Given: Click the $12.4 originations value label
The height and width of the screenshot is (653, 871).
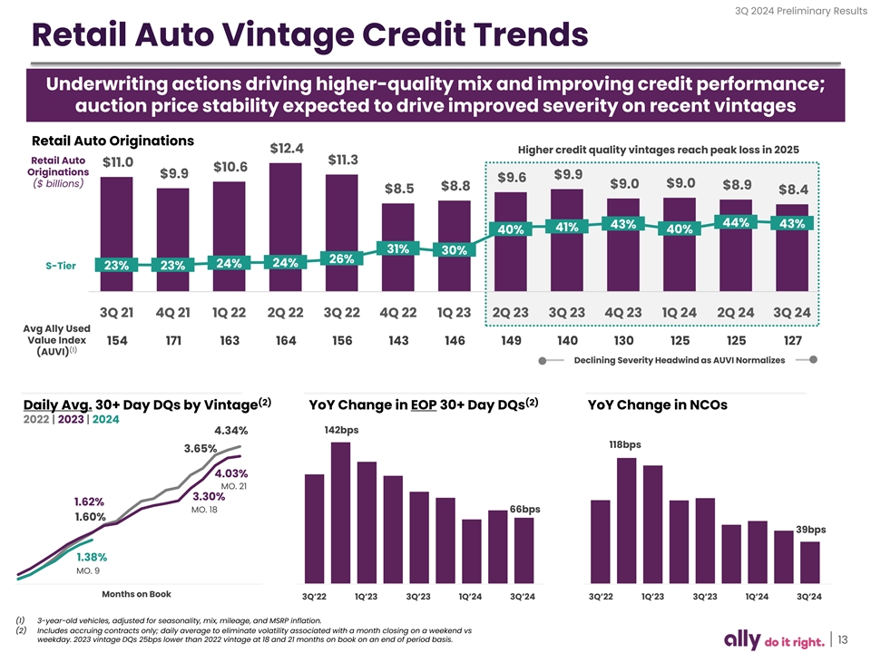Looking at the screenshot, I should pos(287,148).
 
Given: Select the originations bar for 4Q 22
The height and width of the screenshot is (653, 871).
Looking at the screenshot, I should pos(398,245).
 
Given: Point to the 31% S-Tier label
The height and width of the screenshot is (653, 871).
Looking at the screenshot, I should pos(396,249).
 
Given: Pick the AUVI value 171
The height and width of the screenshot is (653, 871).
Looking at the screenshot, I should pos(172,342).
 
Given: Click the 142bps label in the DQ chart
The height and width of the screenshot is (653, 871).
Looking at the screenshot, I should pos(341,430).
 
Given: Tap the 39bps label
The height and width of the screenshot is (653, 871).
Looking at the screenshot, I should pos(810,530).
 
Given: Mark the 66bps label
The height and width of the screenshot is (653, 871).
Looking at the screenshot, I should pos(525,509).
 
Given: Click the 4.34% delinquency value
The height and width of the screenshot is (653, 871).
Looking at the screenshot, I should pos(230,430).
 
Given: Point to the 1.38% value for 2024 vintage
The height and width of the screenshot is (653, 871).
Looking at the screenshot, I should pos(93,557).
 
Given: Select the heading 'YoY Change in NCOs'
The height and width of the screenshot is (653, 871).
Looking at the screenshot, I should pos(657,405).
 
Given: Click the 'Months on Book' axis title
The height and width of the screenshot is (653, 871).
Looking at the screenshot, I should pos(136,594).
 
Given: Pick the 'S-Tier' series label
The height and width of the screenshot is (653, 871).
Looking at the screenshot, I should pos(60,266).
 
